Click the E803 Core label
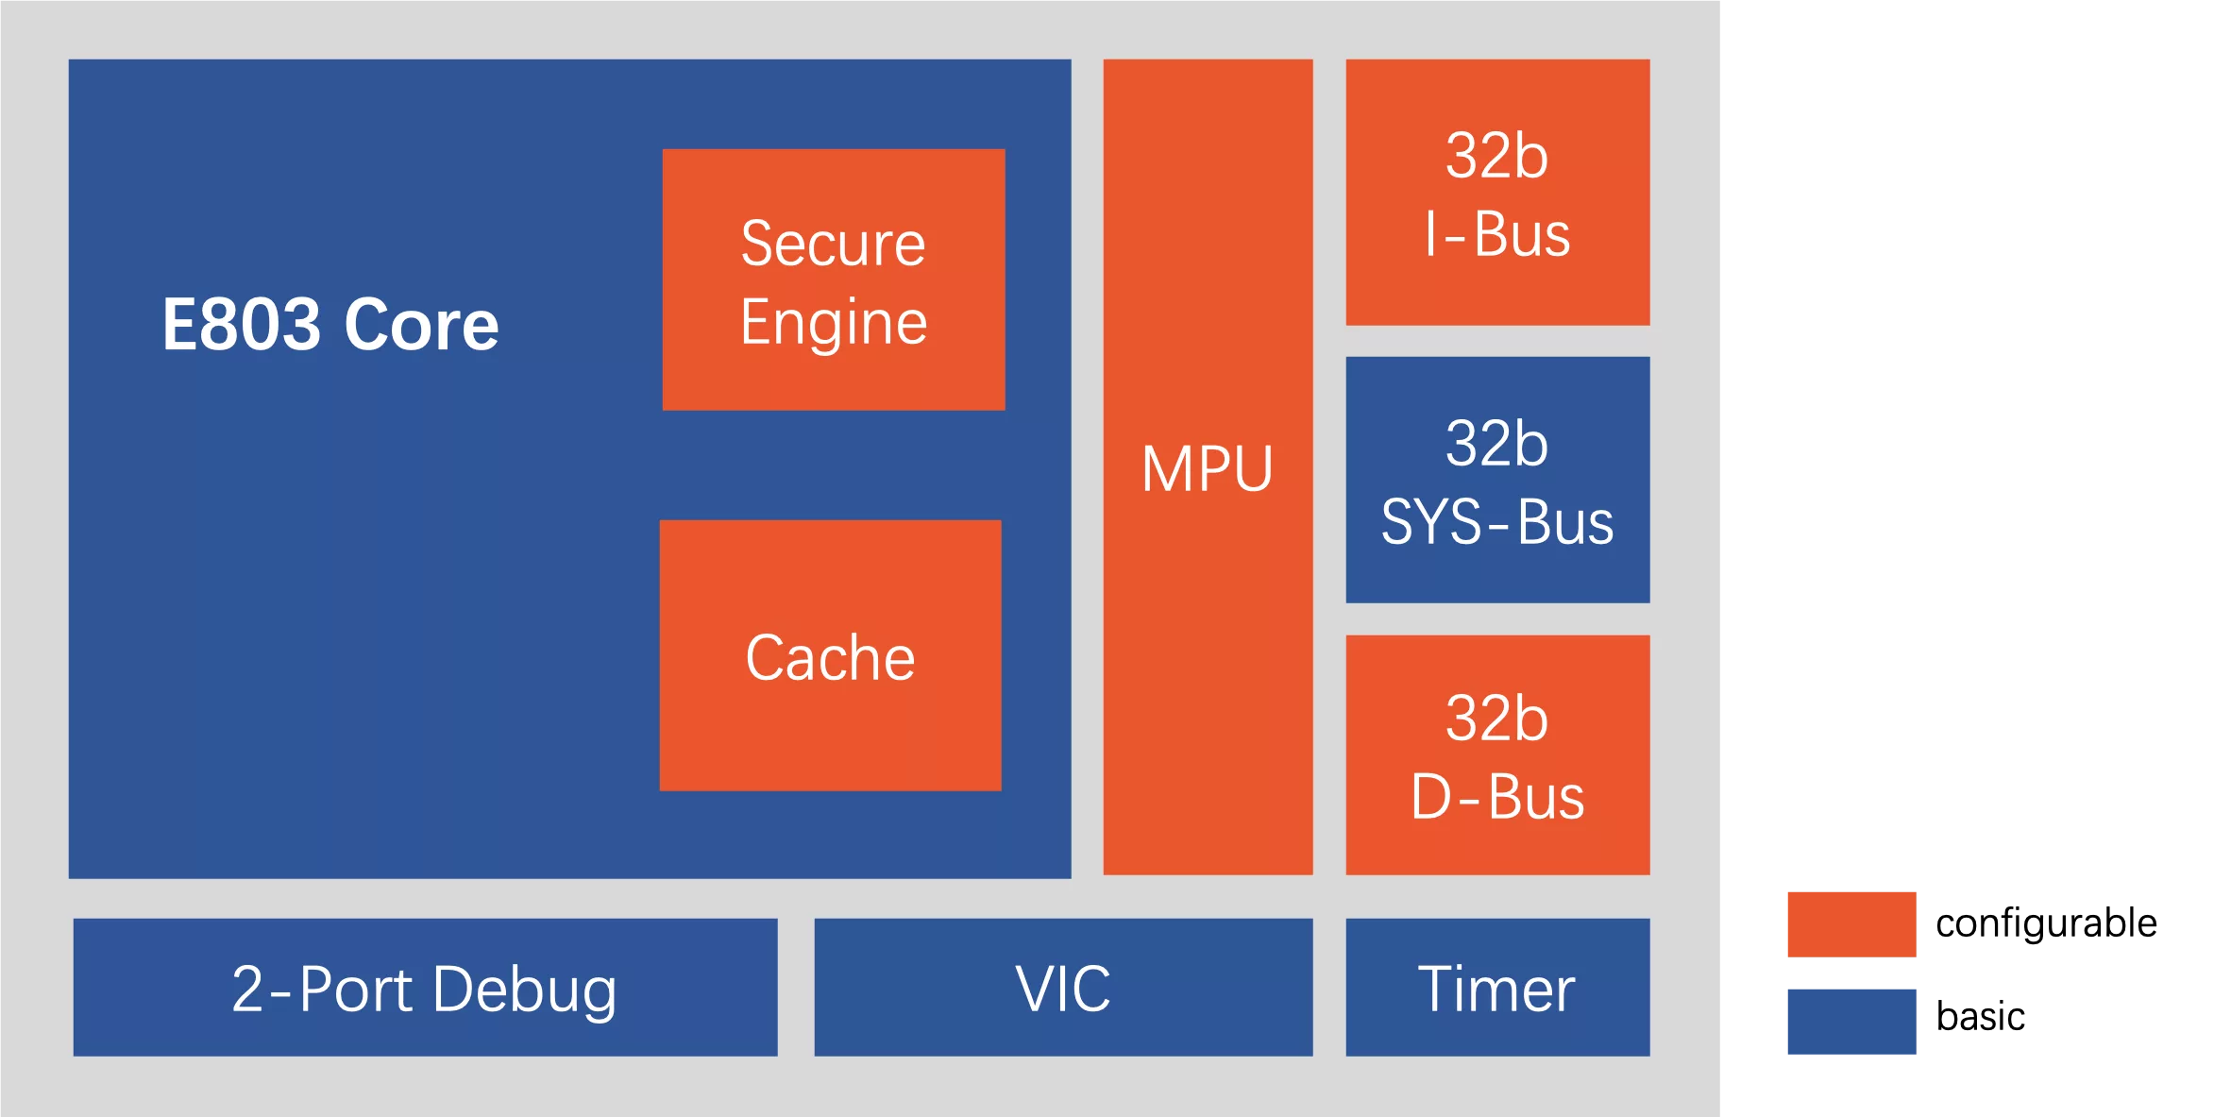click(330, 325)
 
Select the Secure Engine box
click(833, 279)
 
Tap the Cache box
click(830, 655)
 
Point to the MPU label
click(1207, 468)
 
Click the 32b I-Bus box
click(1497, 193)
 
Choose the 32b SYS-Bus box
click(1497, 480)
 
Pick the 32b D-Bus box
click(1497, 755)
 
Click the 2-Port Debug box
click(425, 988)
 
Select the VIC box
click(1063, 988)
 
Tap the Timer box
click(1497, 988)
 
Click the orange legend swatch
click(1850, 925)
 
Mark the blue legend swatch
click(1850, 1020)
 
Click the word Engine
click(833, 323)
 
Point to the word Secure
click(833, 244)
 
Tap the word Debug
click(525, 990)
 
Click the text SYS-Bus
click(1497, 521)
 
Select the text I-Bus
click(1497, 234)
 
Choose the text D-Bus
click(1497, 797)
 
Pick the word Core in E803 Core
click(421, 325)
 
